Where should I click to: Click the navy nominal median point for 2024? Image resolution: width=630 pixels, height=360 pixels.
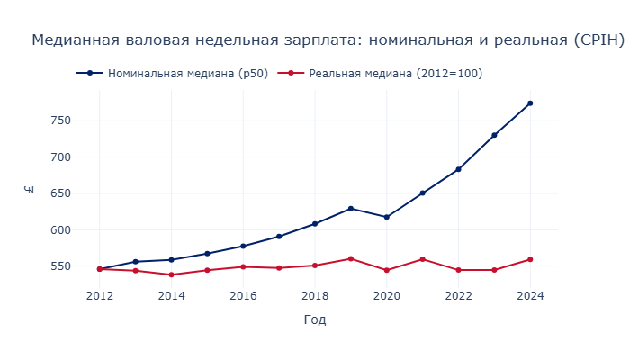[530, 103]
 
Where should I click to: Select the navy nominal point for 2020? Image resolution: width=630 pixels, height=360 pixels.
[387, 217]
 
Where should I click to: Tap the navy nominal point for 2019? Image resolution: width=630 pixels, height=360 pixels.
[351, 209]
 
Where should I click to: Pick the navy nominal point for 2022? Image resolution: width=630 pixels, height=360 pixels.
[458, 169]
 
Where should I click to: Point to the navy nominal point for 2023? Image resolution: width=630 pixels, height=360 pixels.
[494, 135]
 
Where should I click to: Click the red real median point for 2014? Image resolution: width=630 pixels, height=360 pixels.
[171, 274]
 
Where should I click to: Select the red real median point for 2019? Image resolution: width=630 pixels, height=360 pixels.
[351, 258]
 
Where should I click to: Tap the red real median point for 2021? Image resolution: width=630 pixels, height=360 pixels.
[422, 259]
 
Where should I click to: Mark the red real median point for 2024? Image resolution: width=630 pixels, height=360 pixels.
[530, 259]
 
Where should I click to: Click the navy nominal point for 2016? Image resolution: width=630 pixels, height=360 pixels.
[243, 246]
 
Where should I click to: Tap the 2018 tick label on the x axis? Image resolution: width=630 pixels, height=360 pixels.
[315, 295]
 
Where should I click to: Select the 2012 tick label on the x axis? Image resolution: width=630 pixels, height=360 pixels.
[99, 295]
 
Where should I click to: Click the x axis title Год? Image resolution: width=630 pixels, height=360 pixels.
[315, 320]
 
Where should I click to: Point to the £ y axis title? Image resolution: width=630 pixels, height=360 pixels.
[31, 189]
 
